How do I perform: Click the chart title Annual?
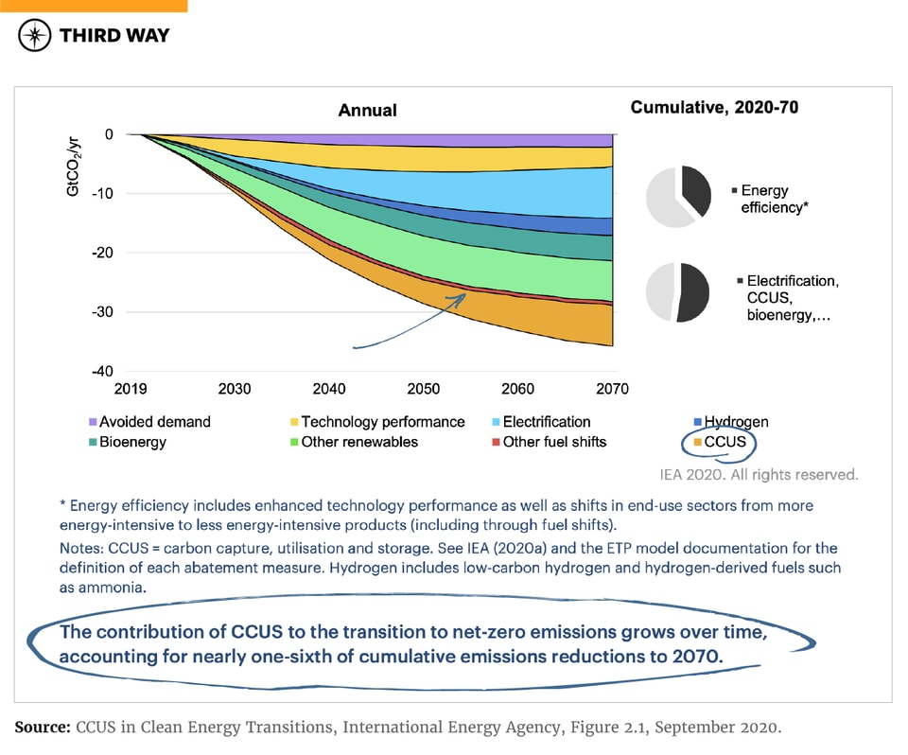(x=367, y=111)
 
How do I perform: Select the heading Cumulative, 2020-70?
(x=714, y=108)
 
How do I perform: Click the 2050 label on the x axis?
(x=423, y=389)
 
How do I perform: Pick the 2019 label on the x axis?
(x=140, y=389)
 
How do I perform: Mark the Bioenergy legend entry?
(x=131, y=442)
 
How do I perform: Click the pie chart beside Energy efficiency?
(x=678, y=193)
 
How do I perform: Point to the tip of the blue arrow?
(x=466, y=294)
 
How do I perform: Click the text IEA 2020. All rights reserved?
(x=759, y=475)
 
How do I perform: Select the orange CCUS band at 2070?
(x=605, y=325)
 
